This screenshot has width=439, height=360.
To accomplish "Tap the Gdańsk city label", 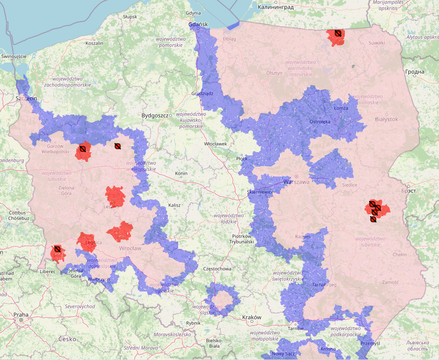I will pyautogui.click(x=199, y=24).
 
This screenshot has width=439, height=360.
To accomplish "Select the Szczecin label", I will pyautogui.click(x=26, y=98).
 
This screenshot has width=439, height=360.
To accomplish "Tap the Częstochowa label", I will pyautogui.click(x=217, y=268).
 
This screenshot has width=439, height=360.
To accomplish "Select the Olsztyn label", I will pyautogui.click(x=274, y=73).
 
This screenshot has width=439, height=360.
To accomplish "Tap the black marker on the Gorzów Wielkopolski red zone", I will pyautogui.click(x=83, y=149).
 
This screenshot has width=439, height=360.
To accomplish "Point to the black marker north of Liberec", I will pyautogui.click(x=57, y=249).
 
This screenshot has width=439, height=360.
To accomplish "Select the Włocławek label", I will pyautogui.click(x=216, y=144).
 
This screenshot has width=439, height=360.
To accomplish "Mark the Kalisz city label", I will pyautogui.click(x=174, y=205).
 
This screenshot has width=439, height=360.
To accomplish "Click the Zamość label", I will pyautogui.click(x=390, y=282).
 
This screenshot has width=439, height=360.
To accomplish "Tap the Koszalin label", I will pyautogui.click(x=94, y=43).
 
